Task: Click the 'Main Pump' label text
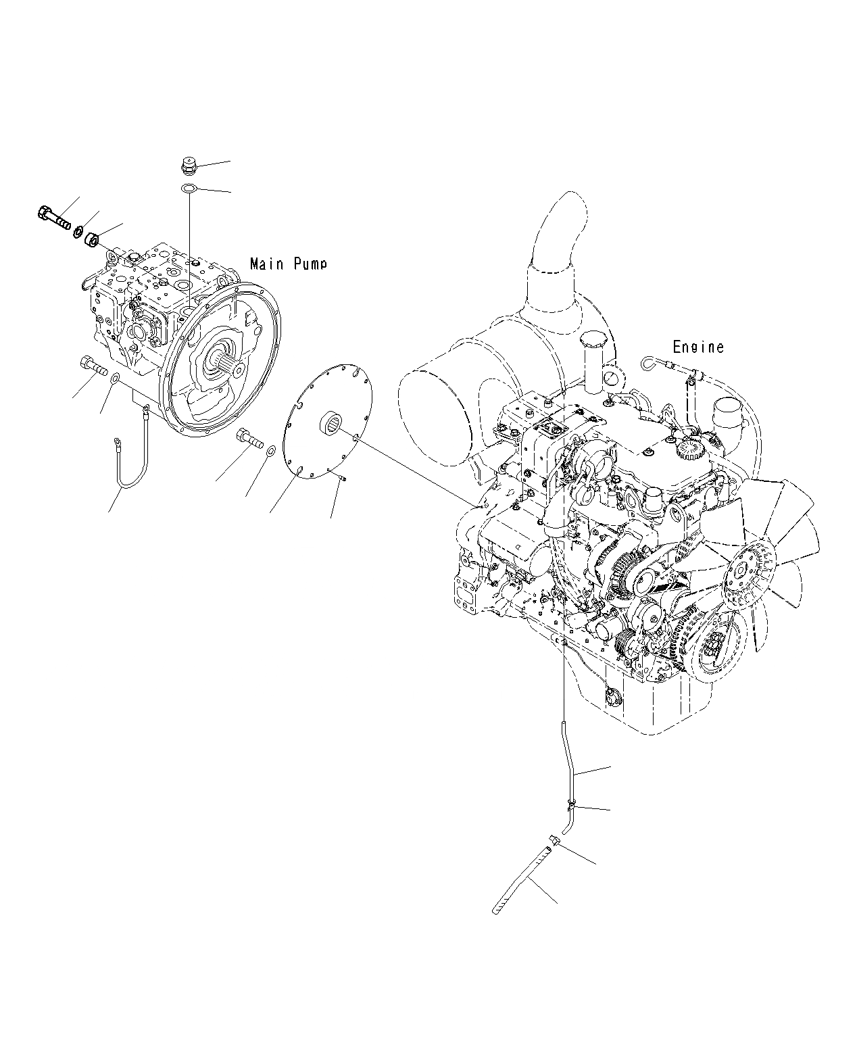tap(288, 264)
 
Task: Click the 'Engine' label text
tap(698, 347)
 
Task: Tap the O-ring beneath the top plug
tap(190, 188)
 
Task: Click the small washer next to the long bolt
tap(78, 230)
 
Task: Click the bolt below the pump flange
tap(250, 439)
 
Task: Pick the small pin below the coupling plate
tap(343, 479)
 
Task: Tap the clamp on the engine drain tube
tap(572, 804)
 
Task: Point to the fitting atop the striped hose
tap(555, 841)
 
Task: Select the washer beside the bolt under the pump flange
tap(270, 451)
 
